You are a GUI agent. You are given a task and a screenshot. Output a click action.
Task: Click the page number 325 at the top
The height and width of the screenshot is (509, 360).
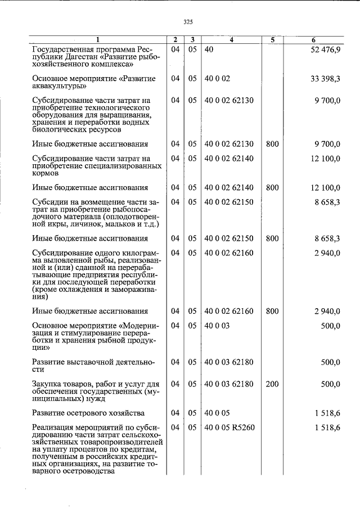point(188,22)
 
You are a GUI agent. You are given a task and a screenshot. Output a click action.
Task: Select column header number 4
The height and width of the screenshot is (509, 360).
point(231,39)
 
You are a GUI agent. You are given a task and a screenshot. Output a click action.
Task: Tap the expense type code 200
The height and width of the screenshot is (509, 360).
point(272,384)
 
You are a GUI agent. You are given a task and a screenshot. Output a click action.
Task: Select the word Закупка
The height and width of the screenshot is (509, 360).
point(48,384)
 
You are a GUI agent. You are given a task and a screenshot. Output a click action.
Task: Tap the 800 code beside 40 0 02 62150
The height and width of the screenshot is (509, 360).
point(272,238)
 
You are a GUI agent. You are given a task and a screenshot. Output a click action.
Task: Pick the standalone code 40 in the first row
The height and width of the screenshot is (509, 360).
point(209,51)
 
